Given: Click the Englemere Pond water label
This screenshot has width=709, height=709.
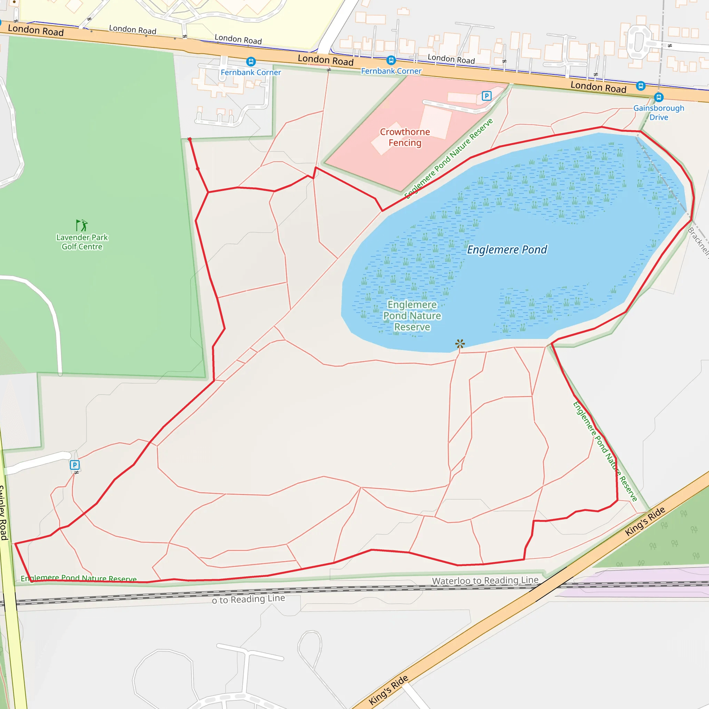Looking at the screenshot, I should pyautogui.click(x=507, y=250).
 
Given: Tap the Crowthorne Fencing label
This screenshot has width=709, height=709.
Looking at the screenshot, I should pyautogui.click(x=405, y=137).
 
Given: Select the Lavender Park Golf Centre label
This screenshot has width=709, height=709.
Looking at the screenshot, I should pyautogui.click(x=82, y=242).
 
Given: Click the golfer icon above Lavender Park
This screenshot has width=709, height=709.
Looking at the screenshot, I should pyautogui.click(x=81, y=225).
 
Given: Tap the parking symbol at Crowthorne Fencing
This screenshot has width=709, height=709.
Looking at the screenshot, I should pyautogui.click(x=486, y=96).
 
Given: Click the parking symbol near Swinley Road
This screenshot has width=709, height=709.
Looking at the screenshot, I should pyautogui.click(x=74, y=465).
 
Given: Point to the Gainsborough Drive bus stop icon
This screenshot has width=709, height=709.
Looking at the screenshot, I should pyautogui.click(x=659, y=97).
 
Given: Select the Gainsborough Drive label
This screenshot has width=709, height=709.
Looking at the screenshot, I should pyautogui.click(x=659, y=113).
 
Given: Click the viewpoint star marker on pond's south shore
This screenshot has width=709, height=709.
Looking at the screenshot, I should pyautogui.click(x=460, y=343).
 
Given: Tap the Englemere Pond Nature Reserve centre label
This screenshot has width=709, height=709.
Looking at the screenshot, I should pyautogui.click(x=412, y=316).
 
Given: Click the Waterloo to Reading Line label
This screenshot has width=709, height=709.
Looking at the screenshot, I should pyautogui.click(x=485, y=580).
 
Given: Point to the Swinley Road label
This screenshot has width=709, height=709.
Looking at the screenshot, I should pyautogui.click(x=3, y=513).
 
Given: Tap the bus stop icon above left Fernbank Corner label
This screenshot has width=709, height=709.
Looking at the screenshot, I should pyautogui.click(x=251, y=61).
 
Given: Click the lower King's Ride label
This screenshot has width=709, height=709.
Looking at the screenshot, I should pyautogui.click(x=388, y=690).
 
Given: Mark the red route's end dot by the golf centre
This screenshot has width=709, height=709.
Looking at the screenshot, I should pyautogui.click(x=189, y=139).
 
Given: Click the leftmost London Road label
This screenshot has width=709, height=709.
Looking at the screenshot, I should pyautogui.click(x=36, y=30).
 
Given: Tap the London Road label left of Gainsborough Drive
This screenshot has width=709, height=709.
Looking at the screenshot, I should pyautogui.click(x=598, y=87).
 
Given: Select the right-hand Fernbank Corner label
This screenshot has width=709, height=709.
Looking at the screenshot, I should pyautogui.click(x=391, y=71).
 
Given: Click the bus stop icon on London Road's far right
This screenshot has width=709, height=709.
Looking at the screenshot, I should pyautogui.click(x=641, y=86).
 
